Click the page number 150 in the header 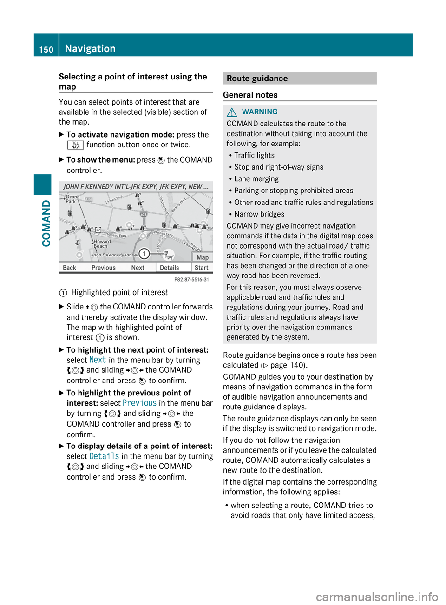point(46,49)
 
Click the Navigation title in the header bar point(90,48)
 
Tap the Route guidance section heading point(257,79)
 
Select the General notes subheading point(250,95)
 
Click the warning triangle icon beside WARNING point(232,112)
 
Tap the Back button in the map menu point(69,268)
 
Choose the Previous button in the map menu point(103,268)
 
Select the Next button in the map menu point(138,268)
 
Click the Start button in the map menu point(201,268)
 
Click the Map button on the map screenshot point(203,257)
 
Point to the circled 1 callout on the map point(144,253)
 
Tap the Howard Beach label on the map point(102,243)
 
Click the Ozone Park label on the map point(72,199)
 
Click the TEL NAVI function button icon point(75,145)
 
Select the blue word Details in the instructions point(104,456)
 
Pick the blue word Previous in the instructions point(139,403)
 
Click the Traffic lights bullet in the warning point(254,156)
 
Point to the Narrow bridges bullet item point(259,214)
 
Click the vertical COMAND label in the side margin point(46,223)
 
